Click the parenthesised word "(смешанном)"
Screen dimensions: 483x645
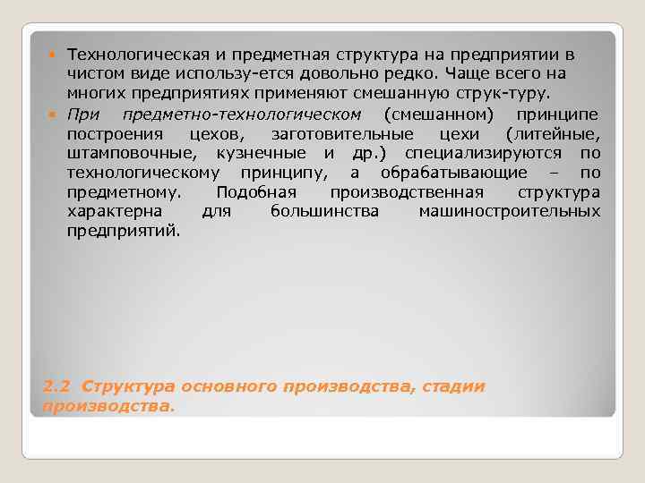[437, 114]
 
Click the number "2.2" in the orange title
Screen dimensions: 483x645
[58, 386]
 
